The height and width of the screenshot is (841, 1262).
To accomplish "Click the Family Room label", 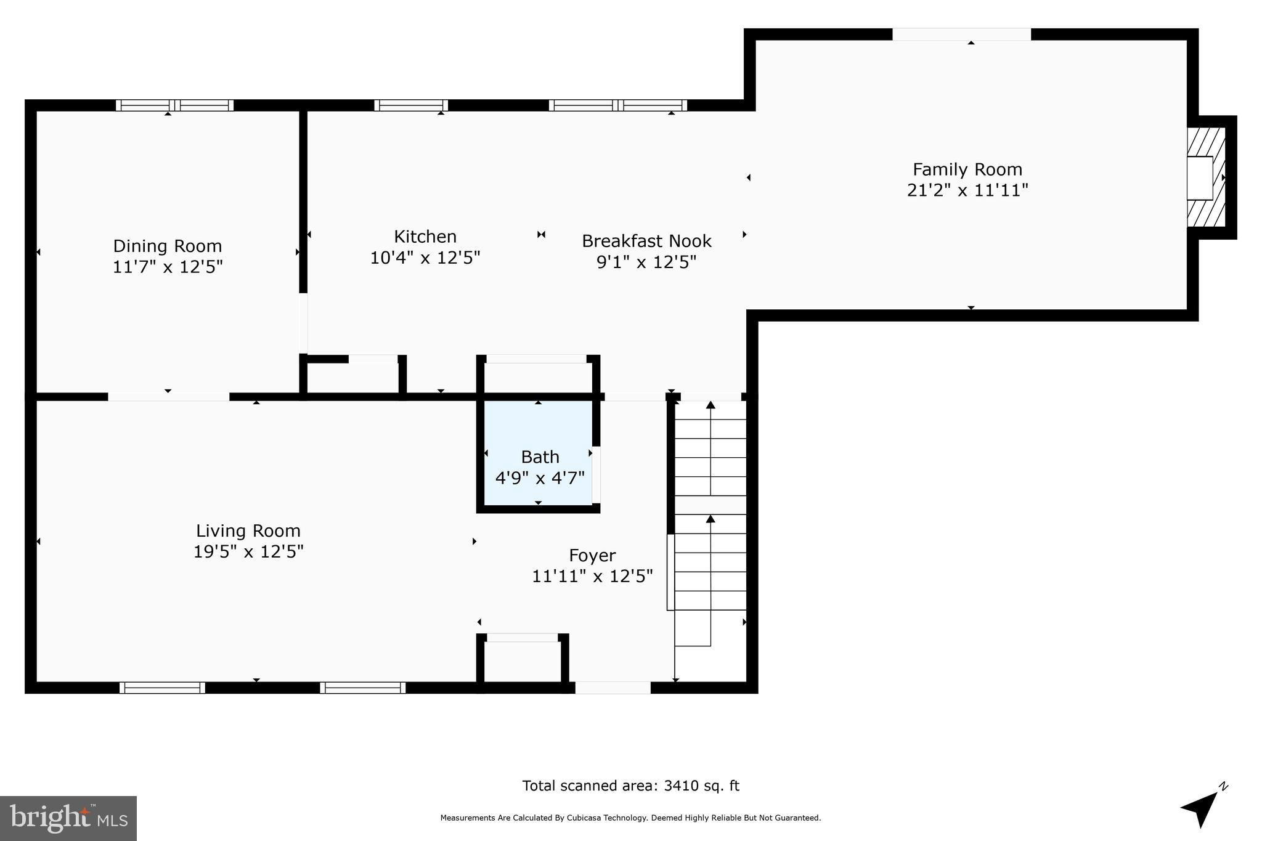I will point(967,169).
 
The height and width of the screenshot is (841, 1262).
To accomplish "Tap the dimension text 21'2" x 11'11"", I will point(967,190).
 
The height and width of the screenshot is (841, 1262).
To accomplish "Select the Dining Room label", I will point(167,246).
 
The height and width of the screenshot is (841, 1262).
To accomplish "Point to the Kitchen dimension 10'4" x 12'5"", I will point(425,258).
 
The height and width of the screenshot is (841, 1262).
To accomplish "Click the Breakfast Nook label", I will point(646,241).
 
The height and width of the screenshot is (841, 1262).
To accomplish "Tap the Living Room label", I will point(248,530).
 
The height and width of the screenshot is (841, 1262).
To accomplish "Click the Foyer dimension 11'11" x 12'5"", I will point(592,576).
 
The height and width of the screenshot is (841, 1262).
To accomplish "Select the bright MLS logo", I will point(68,818).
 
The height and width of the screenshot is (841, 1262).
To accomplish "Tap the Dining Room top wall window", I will point(175,105).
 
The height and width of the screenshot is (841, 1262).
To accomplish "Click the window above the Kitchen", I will point(411,105).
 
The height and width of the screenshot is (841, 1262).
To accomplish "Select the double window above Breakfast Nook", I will point(617,105).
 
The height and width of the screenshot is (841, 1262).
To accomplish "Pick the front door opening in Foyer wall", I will point(613,688).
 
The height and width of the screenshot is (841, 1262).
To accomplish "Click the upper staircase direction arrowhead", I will point(710,405).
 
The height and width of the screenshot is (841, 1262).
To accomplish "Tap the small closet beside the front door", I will point(522,660).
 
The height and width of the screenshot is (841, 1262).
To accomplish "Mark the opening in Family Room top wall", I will point(961,35).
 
